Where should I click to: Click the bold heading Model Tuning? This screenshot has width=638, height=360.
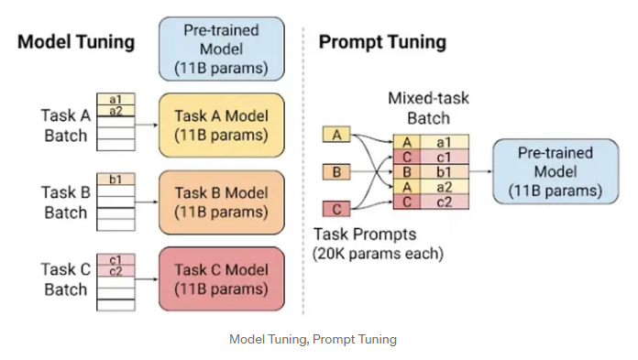tap(76, 42)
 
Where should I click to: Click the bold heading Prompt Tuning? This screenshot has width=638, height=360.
tap(382, 42)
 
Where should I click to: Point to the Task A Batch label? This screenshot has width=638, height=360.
tap(64, 125)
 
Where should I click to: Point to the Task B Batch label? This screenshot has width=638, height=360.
tap(64, 202)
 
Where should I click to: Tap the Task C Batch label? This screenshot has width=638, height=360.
tap(64, 278)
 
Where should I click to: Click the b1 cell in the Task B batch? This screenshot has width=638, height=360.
tap(115, 179)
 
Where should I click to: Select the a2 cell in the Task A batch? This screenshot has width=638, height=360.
tap(115, 111)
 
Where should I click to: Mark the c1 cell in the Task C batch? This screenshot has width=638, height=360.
tap(115, 258)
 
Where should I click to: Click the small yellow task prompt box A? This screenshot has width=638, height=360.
tap(335, 136)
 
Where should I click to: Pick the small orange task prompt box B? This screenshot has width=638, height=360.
tap(335, 171)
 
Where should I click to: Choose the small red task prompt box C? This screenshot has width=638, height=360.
tap(335, 208)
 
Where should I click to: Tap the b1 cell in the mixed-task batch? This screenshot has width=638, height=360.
tap(443, 170)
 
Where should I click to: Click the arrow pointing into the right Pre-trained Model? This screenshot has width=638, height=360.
tap(481, 170)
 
